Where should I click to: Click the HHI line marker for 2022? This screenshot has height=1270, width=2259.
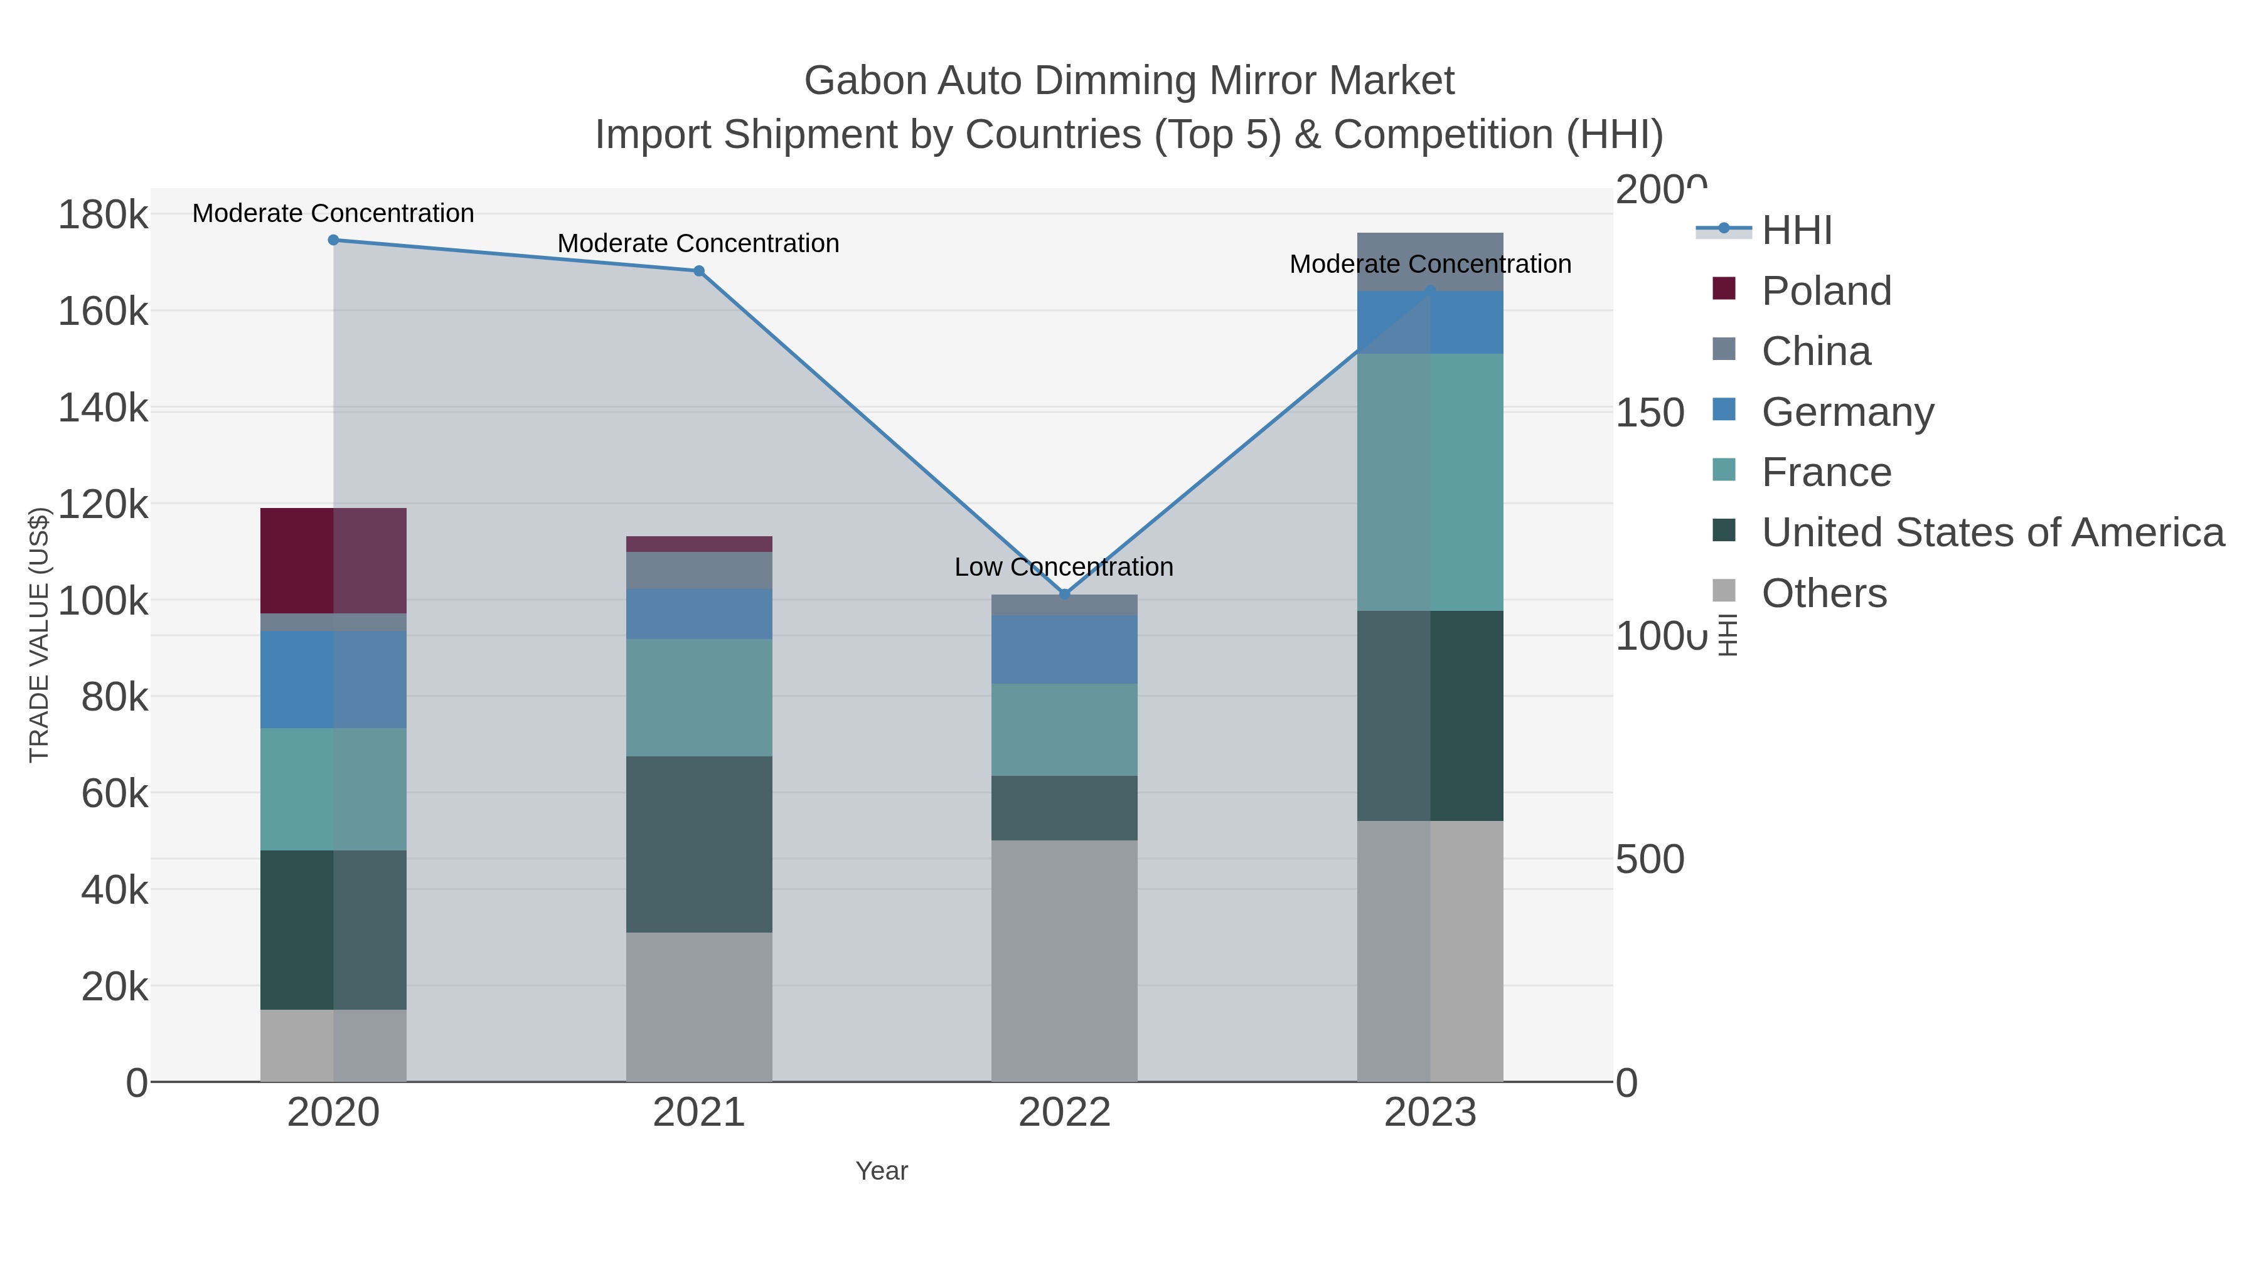point(1065,595)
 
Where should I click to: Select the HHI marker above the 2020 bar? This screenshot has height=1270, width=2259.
point(333,240)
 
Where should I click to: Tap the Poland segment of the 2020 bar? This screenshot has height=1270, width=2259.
point(333,561)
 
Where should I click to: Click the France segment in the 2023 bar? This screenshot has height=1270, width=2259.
point(1430,482)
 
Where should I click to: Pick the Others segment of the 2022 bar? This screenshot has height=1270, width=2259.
point(1065,961)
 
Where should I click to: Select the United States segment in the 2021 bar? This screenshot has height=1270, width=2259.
point(699,844)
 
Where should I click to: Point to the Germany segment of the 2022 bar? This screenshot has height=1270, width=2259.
point(1065,650)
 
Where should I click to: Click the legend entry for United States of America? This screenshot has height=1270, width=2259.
point(1992,533)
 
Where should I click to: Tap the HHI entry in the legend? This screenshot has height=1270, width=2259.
point(1796,231)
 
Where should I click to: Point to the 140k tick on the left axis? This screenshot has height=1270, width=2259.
point(103,408)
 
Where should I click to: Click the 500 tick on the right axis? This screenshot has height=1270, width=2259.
point(1650,860)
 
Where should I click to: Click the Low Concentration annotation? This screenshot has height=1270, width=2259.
point(1064,567)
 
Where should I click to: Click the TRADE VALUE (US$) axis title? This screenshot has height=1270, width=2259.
point(40,635)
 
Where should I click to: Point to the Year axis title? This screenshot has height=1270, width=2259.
point(882,1171)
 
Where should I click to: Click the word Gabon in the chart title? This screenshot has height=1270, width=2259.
point(865,82)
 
